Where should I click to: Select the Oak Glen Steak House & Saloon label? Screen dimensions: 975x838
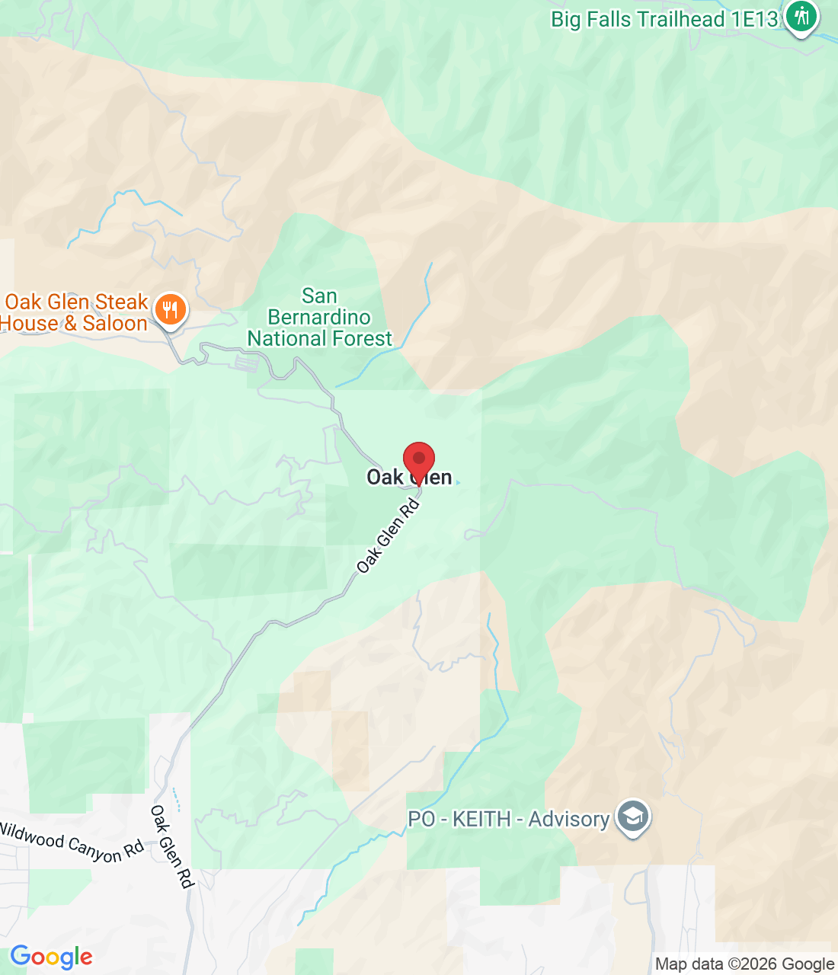[76, 312]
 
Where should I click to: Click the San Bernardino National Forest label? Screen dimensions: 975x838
[319, 317]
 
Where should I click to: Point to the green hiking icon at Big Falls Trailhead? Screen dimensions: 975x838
[801, 15]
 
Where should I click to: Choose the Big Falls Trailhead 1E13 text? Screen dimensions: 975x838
[664, 19]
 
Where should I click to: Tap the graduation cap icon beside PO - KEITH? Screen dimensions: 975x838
[633, 817]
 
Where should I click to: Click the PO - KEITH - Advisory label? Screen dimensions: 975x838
[508, 820]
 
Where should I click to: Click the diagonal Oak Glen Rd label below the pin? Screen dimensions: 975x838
[389, 536]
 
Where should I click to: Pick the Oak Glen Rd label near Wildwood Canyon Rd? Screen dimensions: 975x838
[172, 846]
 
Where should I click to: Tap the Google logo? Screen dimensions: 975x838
[51, 957]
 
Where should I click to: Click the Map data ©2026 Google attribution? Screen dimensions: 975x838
[744, 964]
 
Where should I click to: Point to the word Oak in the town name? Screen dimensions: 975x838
[385, 478]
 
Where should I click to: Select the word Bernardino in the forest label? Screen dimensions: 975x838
[319, 317]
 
